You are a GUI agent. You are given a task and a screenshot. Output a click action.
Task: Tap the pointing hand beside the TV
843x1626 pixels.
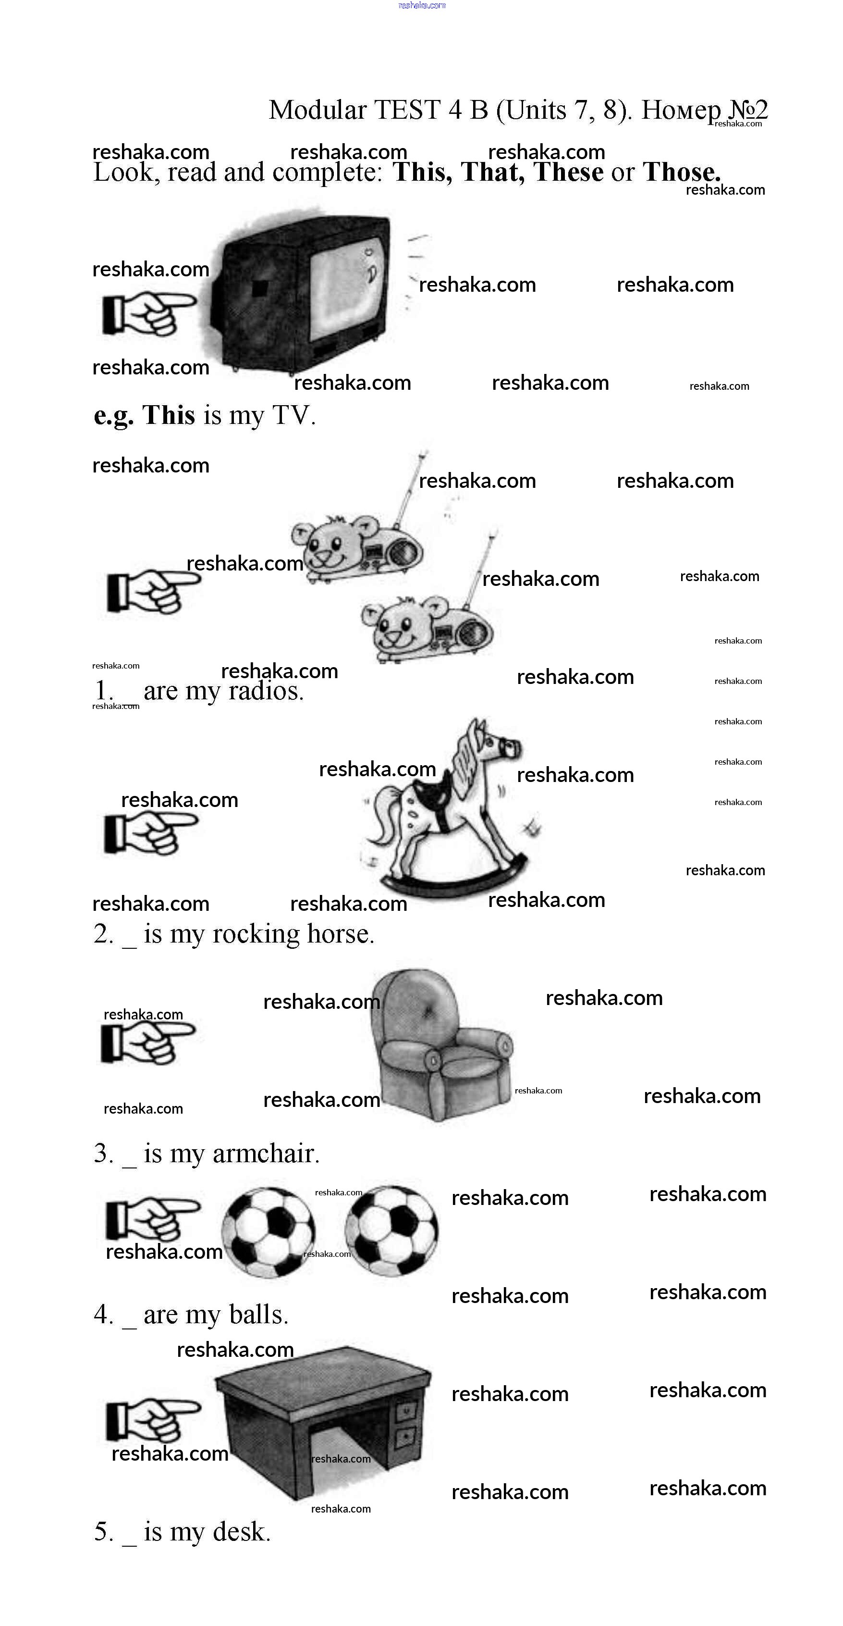click(x=149, y=312)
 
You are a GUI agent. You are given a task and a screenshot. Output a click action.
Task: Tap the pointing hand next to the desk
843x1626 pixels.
click(x=153, y=1420)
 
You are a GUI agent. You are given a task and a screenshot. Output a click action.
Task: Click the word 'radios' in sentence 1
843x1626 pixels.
click(x=266, y=691)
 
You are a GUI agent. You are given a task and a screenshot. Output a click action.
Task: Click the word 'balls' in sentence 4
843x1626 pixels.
click(x=259, y=1315)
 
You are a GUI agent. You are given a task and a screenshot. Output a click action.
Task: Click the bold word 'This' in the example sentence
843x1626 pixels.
click(x=169, y=415)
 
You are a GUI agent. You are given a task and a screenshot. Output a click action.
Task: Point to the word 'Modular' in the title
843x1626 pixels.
click(x=318, y=110)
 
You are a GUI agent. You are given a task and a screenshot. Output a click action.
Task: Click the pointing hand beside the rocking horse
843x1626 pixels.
click(x=151, y=833)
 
